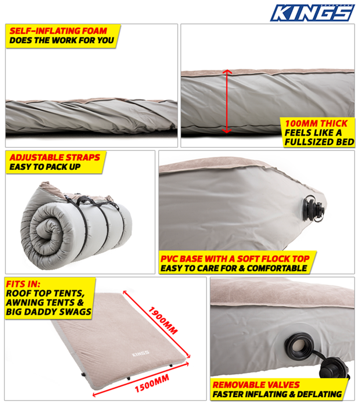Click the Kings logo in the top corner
click(x=312, y=12)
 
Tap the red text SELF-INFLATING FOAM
click(x=58, y=31)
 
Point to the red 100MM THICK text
click(x=316, y=123)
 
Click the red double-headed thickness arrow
click(x=227, y=101)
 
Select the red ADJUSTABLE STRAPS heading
click(x=55, y=157)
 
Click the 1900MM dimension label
click(x=163, y=320)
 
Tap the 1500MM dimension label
click(x=152, y=383)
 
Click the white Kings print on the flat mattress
click(x=141, y=354)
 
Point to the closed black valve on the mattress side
click(x=315, y=209)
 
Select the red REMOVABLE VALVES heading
click(x=256, y=385)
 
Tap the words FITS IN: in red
click(x=23, y=284)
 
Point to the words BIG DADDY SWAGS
click(x=49, y=312)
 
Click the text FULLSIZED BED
click(x=320, y=142)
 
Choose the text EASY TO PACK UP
click(x=45, y=167)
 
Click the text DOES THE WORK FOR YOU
click(x=62, y=40)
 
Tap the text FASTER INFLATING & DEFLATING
click(x=277, y=394)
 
